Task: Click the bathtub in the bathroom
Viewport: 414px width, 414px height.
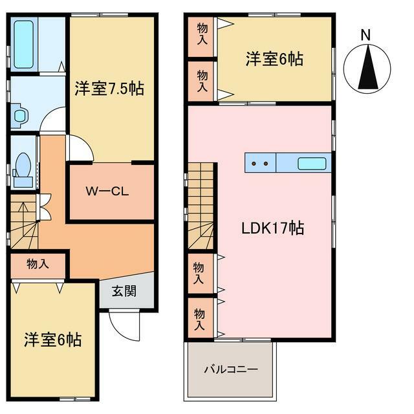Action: pyautogui.click(x=23, y=44)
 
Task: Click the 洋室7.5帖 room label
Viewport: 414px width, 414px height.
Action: pyautogui.click(x=109, y=89)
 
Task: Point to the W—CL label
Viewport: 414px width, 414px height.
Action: pyautogui.click(x=107, y=191)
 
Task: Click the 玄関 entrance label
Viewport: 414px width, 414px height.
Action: pyautogui.click(x=124, y=291)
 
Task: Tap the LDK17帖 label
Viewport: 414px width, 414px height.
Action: pyautogui.click(x=273, y=228)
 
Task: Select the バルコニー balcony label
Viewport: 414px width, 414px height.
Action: pyautogui.click(x=231, y=369)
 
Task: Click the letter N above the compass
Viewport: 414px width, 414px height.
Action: pyautogui.click(x=365, y=35)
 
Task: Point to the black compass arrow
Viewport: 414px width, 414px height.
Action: pyautogui.click(x=368, y=67)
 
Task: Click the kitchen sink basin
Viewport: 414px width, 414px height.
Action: pyautogui.click(x=312, y=164)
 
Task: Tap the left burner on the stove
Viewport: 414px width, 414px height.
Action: pyautogui.click(x=254, y=164)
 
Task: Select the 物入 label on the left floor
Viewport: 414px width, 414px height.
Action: pyautogui.click(x=38, y=264)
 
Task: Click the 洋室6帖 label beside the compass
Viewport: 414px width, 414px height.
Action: pyautogui.click(x=274, y=59)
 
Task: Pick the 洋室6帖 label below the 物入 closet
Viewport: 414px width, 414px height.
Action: pyautogui.click(x=53, y=340)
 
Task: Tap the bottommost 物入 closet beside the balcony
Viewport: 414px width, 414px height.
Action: pyautogui.click(x=201, y=318)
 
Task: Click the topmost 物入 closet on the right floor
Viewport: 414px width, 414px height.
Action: pyautogui.click(x=201, y=37)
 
